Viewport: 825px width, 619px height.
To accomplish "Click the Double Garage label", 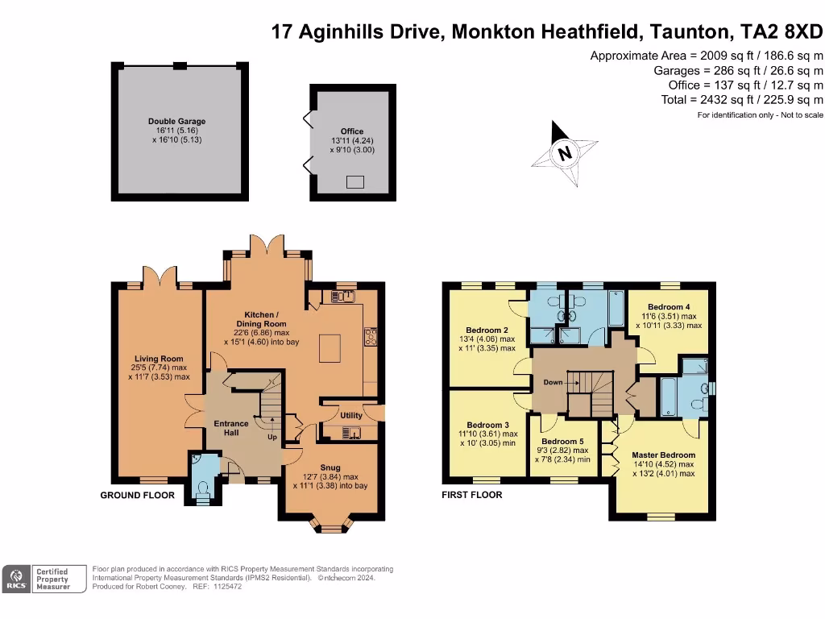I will pyautogui.click(x=176, y=122).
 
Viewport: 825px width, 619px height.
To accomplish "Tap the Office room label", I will pyautogui.click(x=352, y=131).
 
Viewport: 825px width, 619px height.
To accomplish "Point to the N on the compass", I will pyautogui.click(x=565, y=153).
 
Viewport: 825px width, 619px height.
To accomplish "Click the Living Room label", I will pyautogui.click(x=159, y=359).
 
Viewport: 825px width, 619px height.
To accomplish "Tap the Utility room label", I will pyautogui.click(x=351, y=415).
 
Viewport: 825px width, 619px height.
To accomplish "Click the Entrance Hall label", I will pyautogui.click(x=231, y=428).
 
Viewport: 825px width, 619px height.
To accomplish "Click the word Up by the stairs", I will pyautogui.click(x=272, y=438).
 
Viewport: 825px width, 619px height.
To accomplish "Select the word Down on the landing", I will pyautogui.click(x=553, y=382).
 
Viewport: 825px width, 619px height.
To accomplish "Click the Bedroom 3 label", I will pyautogui.click(x=487, y=425).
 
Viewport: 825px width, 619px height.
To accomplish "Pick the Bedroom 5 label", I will pyautogui.click(x=562, y=442).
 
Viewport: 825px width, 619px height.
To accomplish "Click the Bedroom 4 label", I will pyautogui.click(x=669, y=307).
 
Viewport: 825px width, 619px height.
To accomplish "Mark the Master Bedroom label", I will pyautogui.click(x=663, y=455).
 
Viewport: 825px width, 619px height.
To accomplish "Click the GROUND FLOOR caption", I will pyautogui.click(x=137, y=496).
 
